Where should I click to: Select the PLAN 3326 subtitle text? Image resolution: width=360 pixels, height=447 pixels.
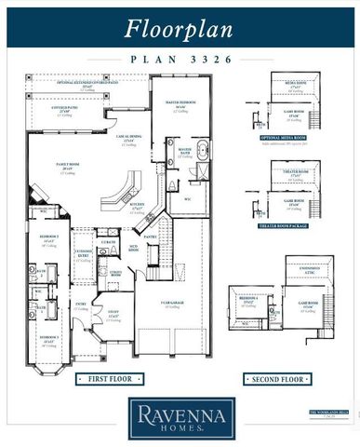click(x=180, y=58)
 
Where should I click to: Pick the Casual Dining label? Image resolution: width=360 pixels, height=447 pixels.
click(x=128, y=140)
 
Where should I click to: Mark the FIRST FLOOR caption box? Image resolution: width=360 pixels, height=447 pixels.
click(x=107, y=380)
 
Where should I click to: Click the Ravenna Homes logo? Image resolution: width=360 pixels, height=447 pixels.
click(x=180, y=418)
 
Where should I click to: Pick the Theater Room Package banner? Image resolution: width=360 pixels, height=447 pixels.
click(x=287, y=224)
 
